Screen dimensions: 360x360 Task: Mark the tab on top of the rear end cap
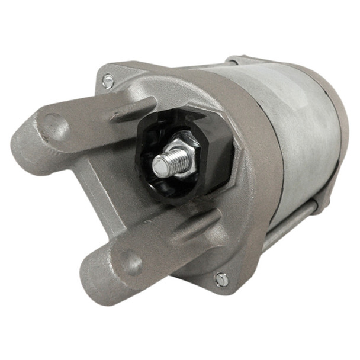coord(243,60)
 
